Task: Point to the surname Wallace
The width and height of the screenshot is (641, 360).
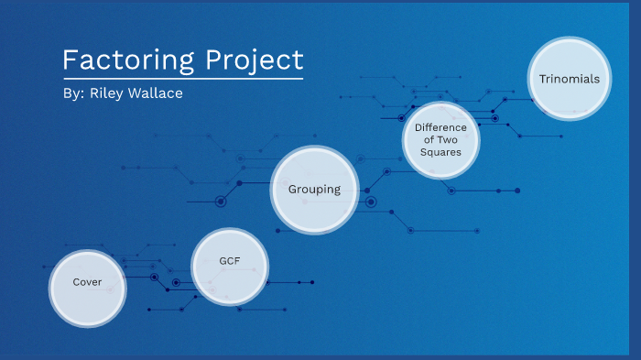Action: pos(158,94)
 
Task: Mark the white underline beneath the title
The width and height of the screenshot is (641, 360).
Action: pos(182,79)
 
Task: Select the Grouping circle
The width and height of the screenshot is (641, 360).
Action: pos(314,190)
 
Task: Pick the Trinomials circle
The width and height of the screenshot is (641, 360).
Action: pos(570,79)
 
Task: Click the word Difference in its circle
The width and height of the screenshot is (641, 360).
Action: pos(440,127)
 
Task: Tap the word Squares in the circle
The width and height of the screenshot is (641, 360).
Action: pos(440,152)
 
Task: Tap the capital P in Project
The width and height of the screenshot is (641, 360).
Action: pos(212,60)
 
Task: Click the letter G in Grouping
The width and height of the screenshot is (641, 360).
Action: pos(293,190)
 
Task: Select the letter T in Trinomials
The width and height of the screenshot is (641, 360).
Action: pos(543,79)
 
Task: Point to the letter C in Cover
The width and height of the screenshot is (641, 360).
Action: pos(77,282)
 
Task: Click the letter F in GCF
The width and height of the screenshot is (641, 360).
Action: pos(236,261)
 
